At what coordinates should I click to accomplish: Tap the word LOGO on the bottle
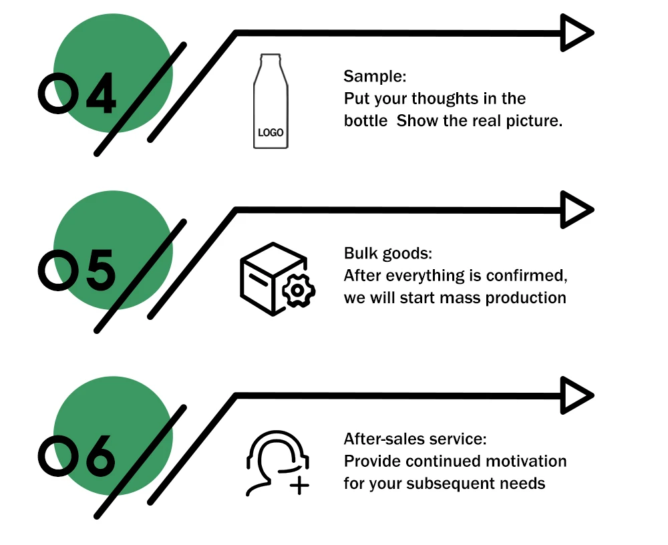tap(271, 132)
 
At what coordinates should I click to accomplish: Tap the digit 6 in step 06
tap(99, 456)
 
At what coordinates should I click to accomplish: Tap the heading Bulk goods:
tap(388, 254)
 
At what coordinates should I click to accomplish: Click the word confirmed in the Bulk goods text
tap(529, 276)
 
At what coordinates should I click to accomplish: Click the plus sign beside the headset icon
tap(300, 485)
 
